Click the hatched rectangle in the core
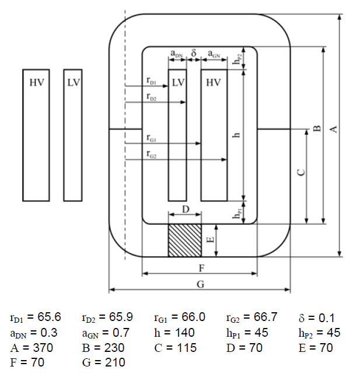[x=184, y=240]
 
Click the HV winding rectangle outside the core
[x=36, y=135]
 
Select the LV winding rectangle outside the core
[x=73, y=135]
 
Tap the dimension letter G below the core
[x=201, y=284]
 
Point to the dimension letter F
[x=202, y=268]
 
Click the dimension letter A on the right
[x=333, y=130]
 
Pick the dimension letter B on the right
[x=317, y=128]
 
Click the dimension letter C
[x=301, y=172]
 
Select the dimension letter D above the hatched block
[x=186, y=210]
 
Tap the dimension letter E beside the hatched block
[x=211, y=240]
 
